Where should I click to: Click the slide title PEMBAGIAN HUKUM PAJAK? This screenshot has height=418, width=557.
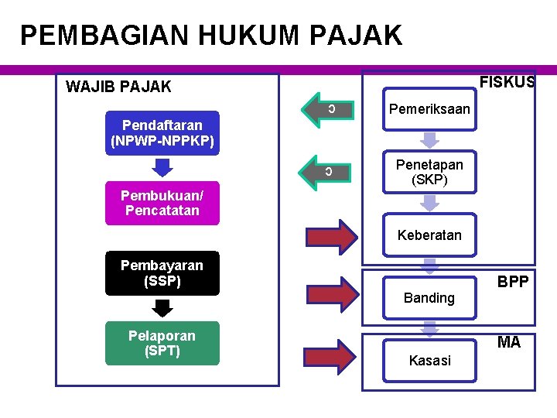tap(211, 36)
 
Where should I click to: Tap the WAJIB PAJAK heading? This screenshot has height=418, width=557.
tap(118, 87)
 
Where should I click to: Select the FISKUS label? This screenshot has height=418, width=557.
tap(507, 82)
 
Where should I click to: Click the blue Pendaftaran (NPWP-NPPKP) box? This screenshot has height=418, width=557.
tap(162, 133)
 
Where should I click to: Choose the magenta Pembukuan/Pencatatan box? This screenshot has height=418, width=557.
tap(162, 203)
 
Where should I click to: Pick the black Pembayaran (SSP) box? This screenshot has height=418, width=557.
tap(162, 273)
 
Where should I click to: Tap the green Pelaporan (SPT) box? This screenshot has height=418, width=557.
tap(162, 343)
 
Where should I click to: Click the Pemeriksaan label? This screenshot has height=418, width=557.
tap(429, 109)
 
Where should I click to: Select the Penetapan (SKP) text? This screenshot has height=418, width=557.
tap(429, 172)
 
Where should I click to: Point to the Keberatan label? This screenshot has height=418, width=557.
tap(429, 235)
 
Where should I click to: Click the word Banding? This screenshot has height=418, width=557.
tap(429, 298)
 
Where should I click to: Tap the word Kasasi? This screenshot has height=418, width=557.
tap(429, 361)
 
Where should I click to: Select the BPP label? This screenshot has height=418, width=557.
tap(513, 283)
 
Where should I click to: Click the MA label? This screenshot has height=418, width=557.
tap(509, 342)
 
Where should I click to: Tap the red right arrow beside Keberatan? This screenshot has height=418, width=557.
tap(330, 235)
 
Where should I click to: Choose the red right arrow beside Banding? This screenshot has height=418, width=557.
tap(330, 295)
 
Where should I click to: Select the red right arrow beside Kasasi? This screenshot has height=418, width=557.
tap(330, 354)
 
